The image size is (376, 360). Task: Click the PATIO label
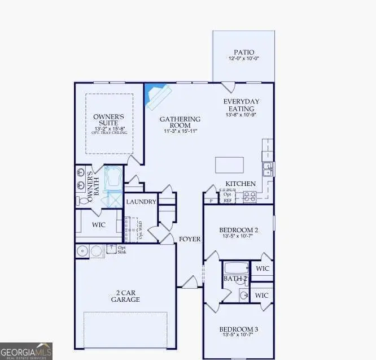pyautogui.click(x=243, y=53)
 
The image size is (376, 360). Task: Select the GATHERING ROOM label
pyautogui.click(x=180, y=123)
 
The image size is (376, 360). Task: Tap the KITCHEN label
pyautogui.click(x=241, y=184)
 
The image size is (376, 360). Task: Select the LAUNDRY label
pyautogui.click(x=141, y=202)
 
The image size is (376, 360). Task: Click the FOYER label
pyautogui.click(x=190, y=239)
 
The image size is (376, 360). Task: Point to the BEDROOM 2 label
pyautogui.click(x=238, y=230)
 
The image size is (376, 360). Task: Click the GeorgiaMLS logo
pyautogui.click(x=27, y=350)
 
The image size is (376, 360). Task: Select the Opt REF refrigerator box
pyautogui.click(x=227, y=197)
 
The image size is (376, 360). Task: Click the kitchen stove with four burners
pyautogui.click(x=249, y=197)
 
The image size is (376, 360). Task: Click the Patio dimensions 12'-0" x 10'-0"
pyautogui.click(x=243, y=59)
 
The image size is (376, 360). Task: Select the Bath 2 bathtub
pyautogui.click(x=235, y=270)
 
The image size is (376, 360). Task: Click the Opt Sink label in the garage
pyautogui.click(x=121, y=249)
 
